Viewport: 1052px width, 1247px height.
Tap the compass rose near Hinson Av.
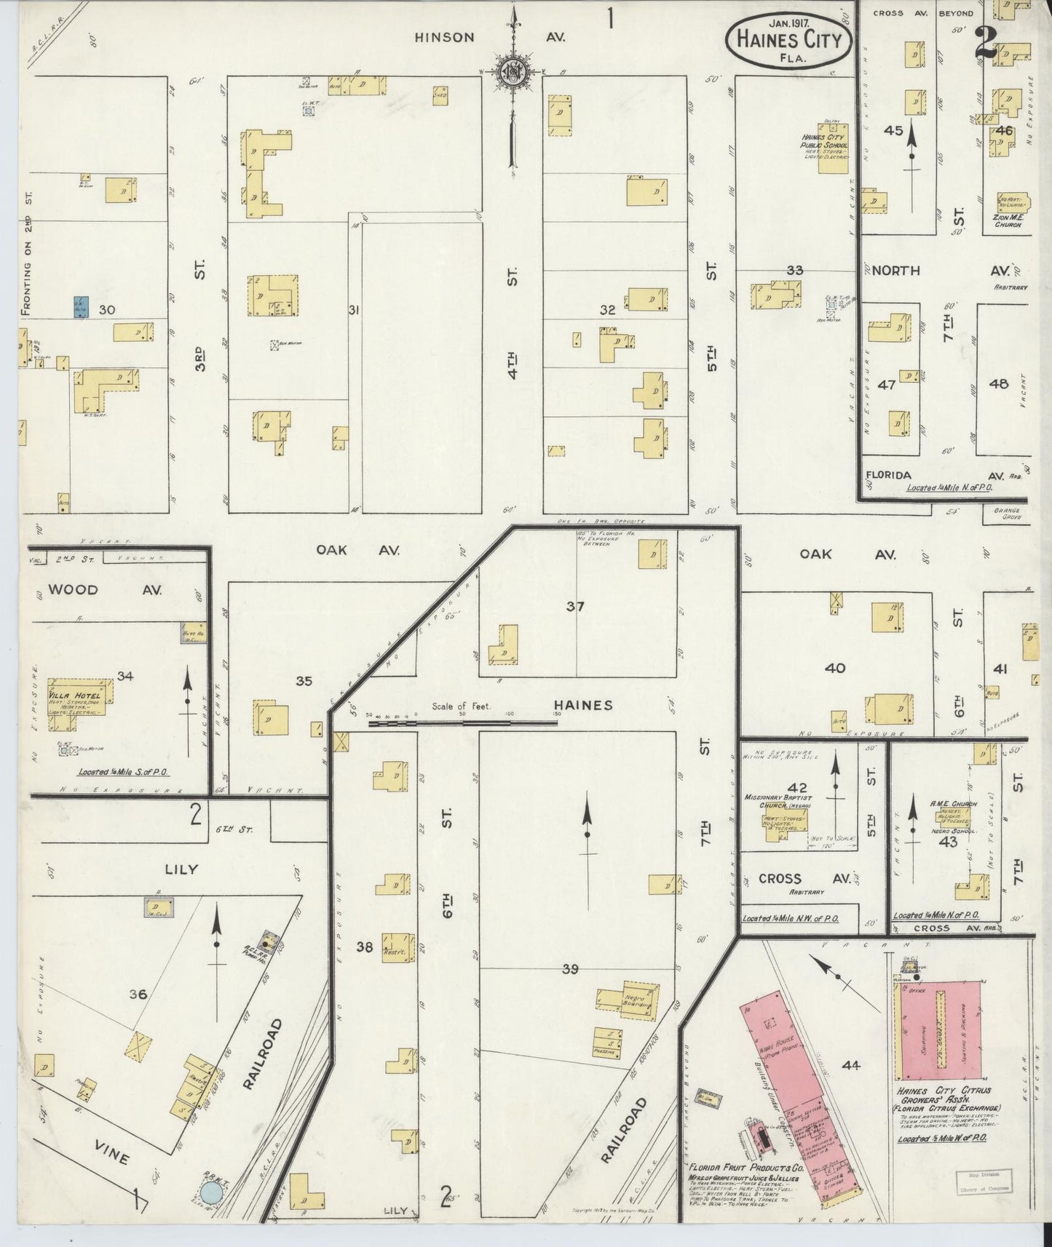tap(513, 72)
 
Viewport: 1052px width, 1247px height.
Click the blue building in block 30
tap(81, 308)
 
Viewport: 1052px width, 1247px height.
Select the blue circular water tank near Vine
tap(211, 1192)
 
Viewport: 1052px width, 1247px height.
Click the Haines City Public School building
tap(833, 149)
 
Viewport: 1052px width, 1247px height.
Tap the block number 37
tap(575, 605)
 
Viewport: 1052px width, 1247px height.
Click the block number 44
tap(850, 1065)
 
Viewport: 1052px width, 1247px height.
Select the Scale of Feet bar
tap(462, 722)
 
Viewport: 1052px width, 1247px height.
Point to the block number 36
tap(138, 994)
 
